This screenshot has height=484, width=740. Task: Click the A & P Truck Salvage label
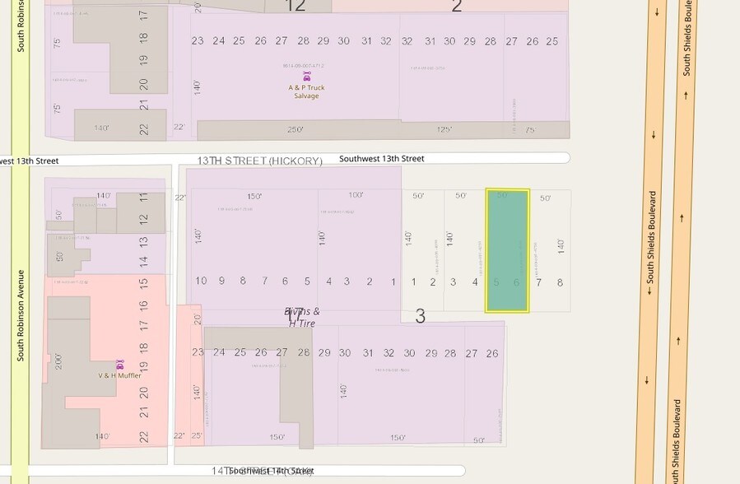(305, 91)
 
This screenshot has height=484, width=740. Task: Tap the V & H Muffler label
(119, 375)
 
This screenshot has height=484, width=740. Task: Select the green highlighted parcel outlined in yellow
(507, 250)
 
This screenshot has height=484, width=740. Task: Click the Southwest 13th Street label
(381, 158)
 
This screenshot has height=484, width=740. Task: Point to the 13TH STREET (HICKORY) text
(259, 161)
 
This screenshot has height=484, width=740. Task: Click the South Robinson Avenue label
(21, 315)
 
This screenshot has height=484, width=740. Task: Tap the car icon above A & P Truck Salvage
(306, 76)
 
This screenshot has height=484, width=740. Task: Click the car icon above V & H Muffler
(119, 364)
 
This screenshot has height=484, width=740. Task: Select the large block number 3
(420, 316)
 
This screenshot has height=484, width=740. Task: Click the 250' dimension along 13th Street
(296, 129)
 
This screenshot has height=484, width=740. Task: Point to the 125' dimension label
(443, 129)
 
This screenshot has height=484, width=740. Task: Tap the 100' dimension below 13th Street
(356, 196)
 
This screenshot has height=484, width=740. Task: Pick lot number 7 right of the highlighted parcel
(539, 282)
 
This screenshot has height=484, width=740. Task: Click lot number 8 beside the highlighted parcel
(560, 282)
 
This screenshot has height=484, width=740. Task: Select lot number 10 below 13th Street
(201, 281)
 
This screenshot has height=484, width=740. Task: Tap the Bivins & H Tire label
(302, 317)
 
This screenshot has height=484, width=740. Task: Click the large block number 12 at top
(295, 7)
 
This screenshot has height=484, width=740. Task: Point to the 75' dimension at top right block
(531, 129)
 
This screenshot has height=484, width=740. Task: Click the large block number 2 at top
(457, 7)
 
